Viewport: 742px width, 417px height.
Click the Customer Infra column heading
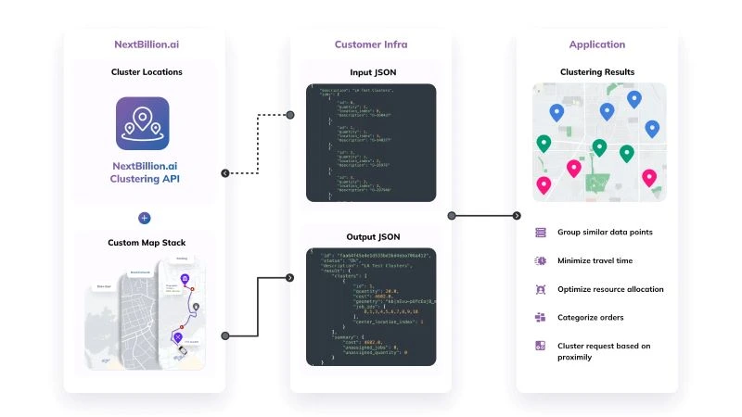click(370, 44)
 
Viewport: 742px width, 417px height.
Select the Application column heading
click(598, 44)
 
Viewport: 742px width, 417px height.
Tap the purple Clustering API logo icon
click(143, 123)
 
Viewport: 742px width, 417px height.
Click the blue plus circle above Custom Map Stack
click(144, 218)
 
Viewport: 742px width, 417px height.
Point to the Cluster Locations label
click(147, 71)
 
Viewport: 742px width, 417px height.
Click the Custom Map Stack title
click(147, 243)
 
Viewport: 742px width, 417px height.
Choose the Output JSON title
click(370, 235)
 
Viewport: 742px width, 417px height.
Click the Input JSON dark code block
click(370, 143)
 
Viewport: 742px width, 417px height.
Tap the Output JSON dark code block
click(370, 306)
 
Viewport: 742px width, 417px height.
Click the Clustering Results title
click(598, 71)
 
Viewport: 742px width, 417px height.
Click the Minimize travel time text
click(596, 260)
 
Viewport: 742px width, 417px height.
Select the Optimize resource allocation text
click(610, 289)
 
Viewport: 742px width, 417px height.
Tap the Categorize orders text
click(589, 318)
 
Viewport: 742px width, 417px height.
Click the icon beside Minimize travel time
click(540, 260)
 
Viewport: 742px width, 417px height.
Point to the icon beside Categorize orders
click(540, 318)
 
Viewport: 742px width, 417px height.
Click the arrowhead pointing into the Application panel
click(517, 216)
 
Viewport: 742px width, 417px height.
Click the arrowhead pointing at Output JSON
click(289, 277)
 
